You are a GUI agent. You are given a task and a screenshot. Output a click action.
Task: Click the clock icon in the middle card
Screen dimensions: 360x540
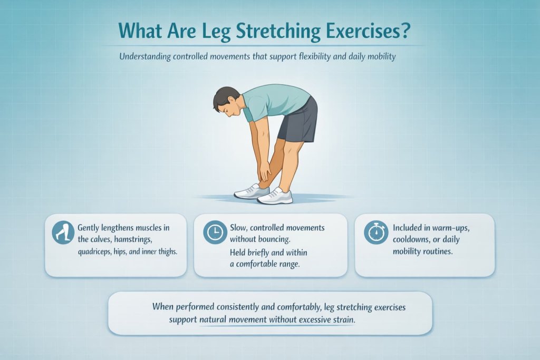point(214,232)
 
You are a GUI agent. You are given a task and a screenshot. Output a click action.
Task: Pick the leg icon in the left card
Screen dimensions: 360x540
point(62,232)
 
